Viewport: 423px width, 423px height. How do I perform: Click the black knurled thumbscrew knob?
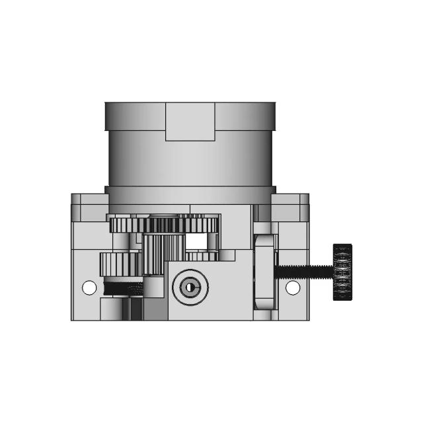[342, 271]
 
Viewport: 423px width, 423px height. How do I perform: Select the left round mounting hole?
[89, 288]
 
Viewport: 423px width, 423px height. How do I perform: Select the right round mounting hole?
[292, 288]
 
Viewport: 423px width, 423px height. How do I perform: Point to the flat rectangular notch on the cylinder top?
[190, 122]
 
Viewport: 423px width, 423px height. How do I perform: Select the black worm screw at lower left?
[123, 288]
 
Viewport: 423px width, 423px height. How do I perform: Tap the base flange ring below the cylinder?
[190, 196]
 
